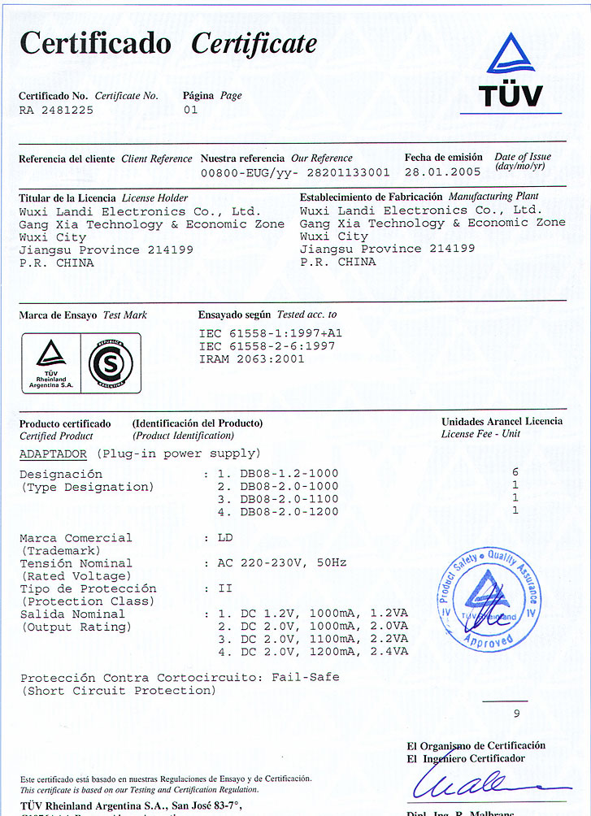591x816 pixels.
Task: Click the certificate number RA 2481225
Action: click(55, 110)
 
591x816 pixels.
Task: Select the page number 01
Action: click(190, 110)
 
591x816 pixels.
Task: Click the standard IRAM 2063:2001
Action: click(251, 358)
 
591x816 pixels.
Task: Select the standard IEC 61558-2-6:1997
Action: click(267, 345)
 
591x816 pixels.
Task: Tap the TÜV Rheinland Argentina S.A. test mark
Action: click(51, 363)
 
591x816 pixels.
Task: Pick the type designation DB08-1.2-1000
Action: click(289, 473)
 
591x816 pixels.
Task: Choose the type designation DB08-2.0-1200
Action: click(289, 511)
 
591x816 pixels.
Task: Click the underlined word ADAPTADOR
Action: click(53, 454)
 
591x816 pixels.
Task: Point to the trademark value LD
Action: click(225, 537)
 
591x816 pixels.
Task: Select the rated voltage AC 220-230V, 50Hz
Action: click(282, 562)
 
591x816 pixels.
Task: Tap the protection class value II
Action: click(224, 588)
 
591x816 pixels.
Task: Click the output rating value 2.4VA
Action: click(389, 652)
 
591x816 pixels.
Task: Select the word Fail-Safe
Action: click(305, 677)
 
